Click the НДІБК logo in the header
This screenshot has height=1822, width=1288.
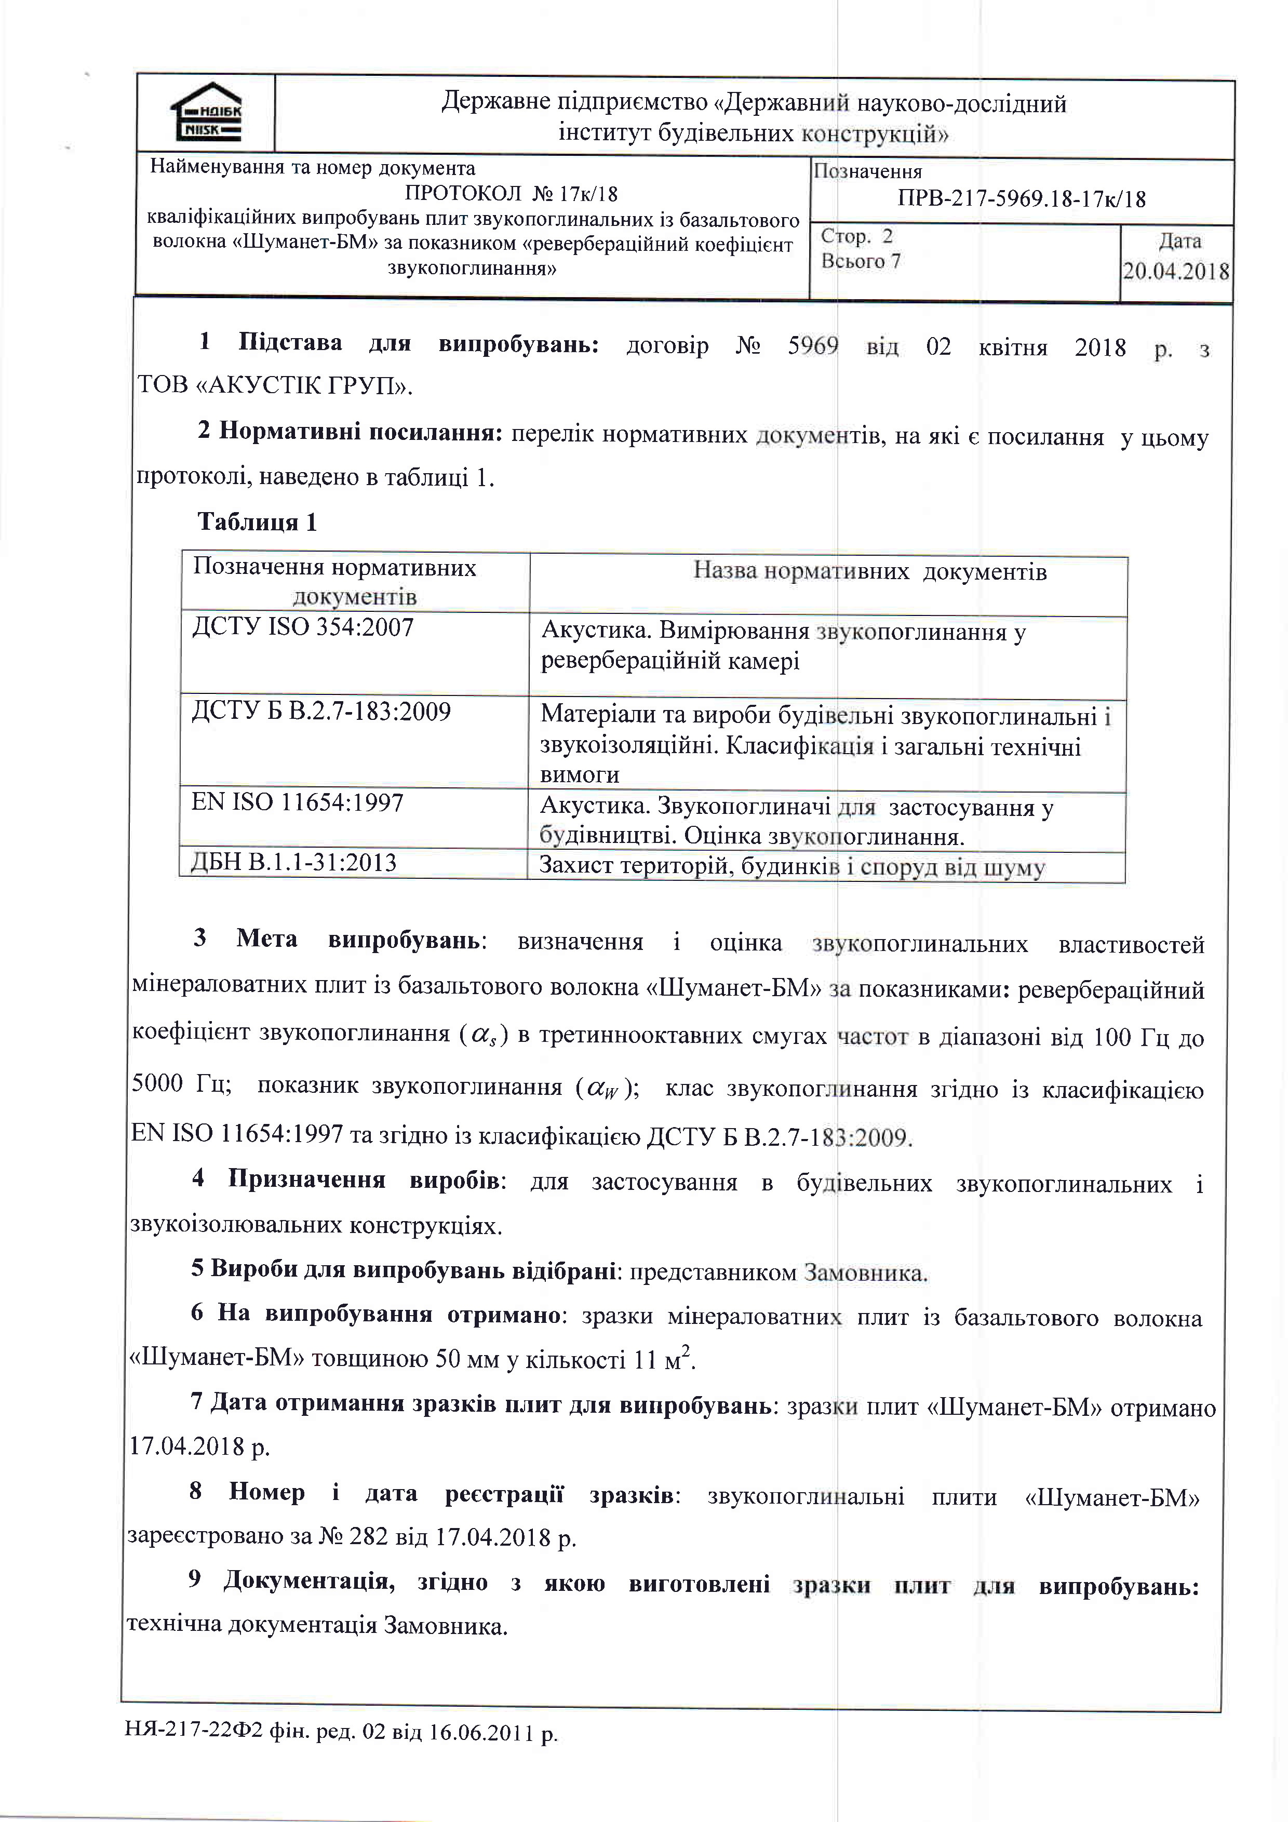click(x=206, y=113)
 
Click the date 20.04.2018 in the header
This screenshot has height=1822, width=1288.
click(x=1175, y=272)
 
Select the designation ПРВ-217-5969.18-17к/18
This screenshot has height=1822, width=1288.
click(x=1022, y=198)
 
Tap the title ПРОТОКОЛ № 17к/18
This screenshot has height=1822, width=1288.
click(x=511, y=194)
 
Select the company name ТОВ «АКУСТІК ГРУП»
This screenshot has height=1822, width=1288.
click(x=275, y=386)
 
